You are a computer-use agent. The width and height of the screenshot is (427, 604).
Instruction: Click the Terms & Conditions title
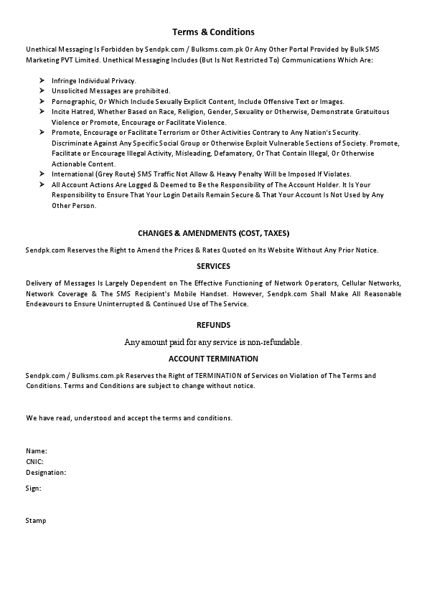click(x=213, y=32)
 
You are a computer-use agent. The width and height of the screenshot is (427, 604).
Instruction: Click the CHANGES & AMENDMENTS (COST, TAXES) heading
click(x=213, y=233)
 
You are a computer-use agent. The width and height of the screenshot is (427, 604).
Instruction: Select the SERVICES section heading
click(x=213, y=266)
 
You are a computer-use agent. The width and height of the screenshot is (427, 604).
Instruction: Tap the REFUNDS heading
click(x=213, y=325)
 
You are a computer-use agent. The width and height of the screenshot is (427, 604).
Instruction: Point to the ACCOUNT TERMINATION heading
click(x=213, y=359)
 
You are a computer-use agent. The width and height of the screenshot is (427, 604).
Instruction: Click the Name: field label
click(x=37, y=451)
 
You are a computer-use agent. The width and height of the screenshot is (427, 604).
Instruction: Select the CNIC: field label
click(x=35, y=462)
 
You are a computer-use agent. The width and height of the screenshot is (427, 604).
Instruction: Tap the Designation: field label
click(x=46, y=473)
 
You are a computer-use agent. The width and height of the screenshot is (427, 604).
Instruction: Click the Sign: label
click(x=34, y=488)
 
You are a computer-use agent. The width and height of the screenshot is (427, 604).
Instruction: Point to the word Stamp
click(x=36, y=520)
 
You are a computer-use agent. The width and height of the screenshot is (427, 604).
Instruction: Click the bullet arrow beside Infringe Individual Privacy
click(x=43, y=80)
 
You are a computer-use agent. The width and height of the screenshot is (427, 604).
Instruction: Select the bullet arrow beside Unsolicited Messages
click(x=43, y=91)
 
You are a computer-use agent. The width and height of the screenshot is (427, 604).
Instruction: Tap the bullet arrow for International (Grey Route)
click(x=43, y=174)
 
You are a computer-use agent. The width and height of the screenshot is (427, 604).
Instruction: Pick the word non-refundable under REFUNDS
click(x=276, y=342)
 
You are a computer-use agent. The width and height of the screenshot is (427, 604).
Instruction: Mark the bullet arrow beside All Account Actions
click(x=43, y=184)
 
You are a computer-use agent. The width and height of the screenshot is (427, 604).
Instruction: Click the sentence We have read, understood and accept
click(x=129, y=417)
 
